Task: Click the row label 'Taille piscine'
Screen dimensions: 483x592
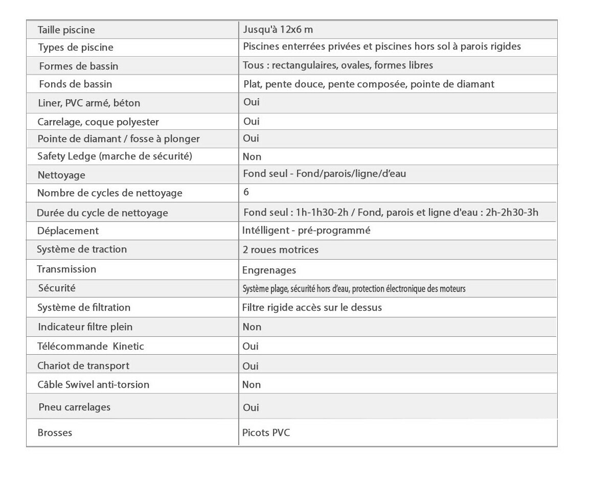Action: point(66,30)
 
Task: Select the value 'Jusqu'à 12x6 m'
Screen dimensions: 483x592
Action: point(278,30)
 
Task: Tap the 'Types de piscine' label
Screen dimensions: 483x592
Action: point(76,48)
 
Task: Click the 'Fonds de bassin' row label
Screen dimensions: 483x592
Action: point(75,84)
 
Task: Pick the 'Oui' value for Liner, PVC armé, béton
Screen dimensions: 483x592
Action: point(251,102)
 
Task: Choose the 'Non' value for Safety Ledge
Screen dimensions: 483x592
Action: point(252,157)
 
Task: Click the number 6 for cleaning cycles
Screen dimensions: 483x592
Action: point(246,192)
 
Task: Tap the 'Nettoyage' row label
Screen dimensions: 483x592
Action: point(61,175)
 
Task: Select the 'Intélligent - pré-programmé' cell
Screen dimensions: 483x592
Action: point(306,231)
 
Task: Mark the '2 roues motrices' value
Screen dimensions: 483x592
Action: point(280,250)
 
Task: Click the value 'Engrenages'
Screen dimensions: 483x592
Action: point(269,270)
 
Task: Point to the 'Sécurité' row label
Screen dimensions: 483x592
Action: point(57,288)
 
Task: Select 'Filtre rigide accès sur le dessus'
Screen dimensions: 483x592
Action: point(312,308)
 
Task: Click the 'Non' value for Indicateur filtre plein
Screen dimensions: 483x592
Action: point(252,327)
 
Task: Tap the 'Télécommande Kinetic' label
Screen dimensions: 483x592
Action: point(90,347)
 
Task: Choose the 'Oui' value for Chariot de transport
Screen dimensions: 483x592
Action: point(251,366)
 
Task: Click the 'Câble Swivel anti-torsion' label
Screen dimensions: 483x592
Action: point(93,385)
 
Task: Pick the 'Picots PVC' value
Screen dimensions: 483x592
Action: point(266,433)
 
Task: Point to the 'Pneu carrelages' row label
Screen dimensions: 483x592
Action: point(74,407)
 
